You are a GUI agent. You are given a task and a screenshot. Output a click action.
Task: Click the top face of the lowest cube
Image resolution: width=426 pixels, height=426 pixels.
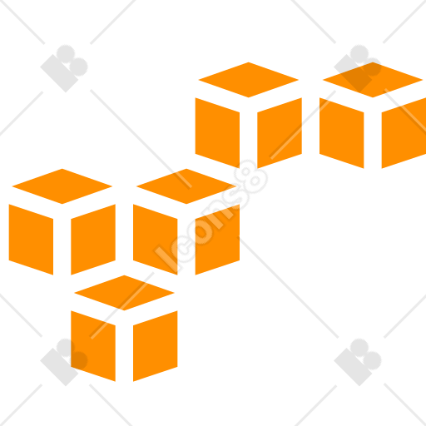(x=124, y=293)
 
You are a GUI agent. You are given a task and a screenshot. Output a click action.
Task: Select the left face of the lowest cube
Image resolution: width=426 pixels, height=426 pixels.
(x=93, y=346)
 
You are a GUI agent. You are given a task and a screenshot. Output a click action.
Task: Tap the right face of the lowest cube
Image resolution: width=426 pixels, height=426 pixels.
(x=156, y=346)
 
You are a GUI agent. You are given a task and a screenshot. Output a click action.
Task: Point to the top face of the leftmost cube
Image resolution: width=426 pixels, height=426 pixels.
(x=62, y=186)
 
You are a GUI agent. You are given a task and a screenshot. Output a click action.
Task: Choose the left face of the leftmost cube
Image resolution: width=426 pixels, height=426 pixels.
(x=31, y=240)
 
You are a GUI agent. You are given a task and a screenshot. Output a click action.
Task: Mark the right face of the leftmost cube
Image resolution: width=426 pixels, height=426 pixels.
(x=93, y=240)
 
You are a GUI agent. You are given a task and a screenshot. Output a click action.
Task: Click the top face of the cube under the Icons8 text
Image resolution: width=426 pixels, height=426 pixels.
(x=186, y=186)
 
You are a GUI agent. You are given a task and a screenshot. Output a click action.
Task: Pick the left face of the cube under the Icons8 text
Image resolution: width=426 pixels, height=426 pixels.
(x=156, y=240)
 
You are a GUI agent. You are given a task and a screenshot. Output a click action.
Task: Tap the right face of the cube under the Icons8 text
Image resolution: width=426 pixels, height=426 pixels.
(x=217, y=240)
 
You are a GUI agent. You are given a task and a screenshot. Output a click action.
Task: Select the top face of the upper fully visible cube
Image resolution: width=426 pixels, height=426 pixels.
(x=249, y=80)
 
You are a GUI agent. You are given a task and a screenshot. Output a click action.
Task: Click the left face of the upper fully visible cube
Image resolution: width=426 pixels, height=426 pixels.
(x=217, y=133)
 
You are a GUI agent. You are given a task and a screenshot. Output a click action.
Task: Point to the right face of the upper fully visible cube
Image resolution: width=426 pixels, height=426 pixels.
(x=280, y=133)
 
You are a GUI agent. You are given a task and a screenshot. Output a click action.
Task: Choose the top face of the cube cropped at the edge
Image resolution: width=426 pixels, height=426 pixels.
(x=373, y=80)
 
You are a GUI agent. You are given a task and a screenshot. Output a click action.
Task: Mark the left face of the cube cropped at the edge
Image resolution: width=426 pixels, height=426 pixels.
(x=342, y=133)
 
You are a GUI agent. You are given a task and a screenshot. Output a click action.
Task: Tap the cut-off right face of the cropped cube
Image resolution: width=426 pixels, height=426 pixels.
(x=404, y=133)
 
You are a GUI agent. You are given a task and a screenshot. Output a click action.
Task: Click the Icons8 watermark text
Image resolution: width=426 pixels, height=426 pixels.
(x=211, y=217)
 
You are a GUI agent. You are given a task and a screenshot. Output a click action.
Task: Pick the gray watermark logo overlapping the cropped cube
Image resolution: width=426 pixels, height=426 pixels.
(x=358, y=68)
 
